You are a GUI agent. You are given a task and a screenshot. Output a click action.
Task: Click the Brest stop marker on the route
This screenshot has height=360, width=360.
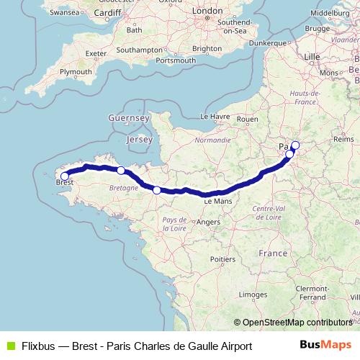pyautogui.click(x=64, y=176)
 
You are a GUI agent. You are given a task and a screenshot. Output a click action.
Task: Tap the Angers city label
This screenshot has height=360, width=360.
pyautogui.click(x=208, y=222)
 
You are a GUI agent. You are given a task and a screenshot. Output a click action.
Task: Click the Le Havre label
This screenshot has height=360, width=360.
pyautogui.click(x=215, y=116)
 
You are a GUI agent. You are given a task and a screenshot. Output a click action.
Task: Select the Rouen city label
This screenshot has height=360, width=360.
pyautogui.click(x=247, y=119)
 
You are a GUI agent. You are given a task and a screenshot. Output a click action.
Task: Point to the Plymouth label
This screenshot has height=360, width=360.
pyautogui.click(x=76, y=72)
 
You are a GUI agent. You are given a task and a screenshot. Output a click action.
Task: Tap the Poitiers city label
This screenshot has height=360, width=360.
pyautogui.click(x=223, y=258)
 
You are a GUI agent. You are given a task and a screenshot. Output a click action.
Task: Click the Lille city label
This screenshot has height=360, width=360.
pyautogui.click(x=312, y=55)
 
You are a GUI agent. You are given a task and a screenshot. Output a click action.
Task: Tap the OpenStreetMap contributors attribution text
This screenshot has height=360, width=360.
pyautogui.click(x=297, y=323)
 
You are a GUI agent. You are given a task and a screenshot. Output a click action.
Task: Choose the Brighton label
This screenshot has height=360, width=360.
pyautogui.click(x=207, y=48)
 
